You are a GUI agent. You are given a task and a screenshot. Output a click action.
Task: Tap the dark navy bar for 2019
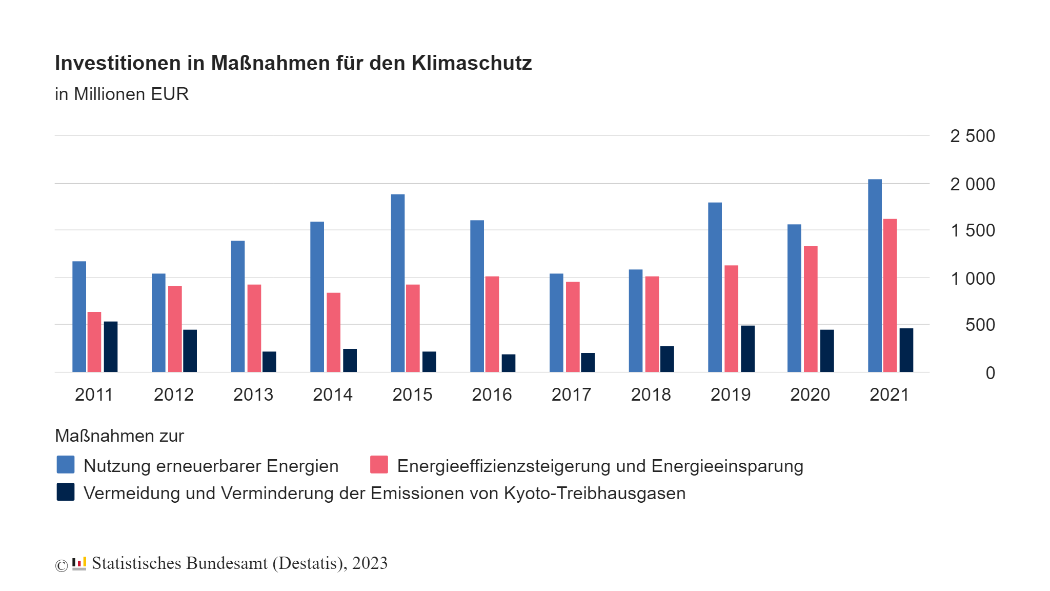tap(748, 349)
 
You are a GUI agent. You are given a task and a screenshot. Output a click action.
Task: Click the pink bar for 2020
tap(811, 309)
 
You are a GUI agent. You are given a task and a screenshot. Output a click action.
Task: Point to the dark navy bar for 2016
tap(509, 363)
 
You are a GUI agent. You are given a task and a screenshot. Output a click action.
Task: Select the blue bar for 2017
tap(556, 323)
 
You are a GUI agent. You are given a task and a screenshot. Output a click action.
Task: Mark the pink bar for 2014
tap(334, 332)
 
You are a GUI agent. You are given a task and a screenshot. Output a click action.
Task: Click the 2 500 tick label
tap(972, 136)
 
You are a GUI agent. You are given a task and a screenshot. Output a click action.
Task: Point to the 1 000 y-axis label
tap(972, 279)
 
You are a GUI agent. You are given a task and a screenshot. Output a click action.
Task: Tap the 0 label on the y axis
tap(990, 373)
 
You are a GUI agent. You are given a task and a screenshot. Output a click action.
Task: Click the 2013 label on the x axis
tap(253, 395)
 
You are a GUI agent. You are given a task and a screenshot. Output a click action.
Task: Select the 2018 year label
tap(651, 395)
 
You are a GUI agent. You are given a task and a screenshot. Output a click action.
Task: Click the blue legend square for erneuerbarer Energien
tap(66, 465)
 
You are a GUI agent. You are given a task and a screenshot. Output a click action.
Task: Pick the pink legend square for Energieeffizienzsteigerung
tap(379, 465)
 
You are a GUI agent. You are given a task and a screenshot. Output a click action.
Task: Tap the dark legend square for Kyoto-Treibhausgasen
tap(66, 492)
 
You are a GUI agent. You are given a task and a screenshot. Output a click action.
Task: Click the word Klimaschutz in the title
tap(472, 63)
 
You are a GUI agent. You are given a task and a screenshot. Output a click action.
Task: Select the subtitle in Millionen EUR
tap(122, 94)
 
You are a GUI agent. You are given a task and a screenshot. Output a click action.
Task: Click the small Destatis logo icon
tap(79, 563)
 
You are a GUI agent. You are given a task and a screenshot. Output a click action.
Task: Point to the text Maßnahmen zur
tap(119, 436)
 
